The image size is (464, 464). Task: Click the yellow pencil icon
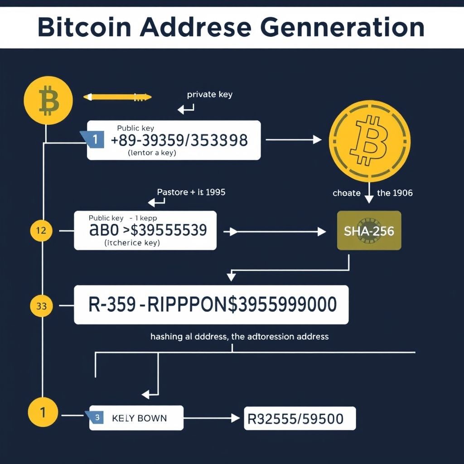point(117,97)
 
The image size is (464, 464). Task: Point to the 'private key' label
point(209,95)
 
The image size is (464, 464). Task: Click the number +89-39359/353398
point(179,140)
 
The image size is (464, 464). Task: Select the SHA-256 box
point(369,231)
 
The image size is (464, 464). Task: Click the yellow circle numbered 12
point(41,231)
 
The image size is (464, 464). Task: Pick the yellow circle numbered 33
point(41,306)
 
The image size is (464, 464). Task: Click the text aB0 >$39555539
point(148,230)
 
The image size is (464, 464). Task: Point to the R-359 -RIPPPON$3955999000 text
point(213,304)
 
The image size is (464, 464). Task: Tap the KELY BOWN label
point(139,418)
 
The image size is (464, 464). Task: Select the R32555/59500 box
point(300,418)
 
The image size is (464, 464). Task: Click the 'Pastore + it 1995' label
point(191,192)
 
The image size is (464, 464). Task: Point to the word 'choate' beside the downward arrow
point(346,193)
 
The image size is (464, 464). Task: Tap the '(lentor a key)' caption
point(152,153)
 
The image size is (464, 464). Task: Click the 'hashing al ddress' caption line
point(239,337)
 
